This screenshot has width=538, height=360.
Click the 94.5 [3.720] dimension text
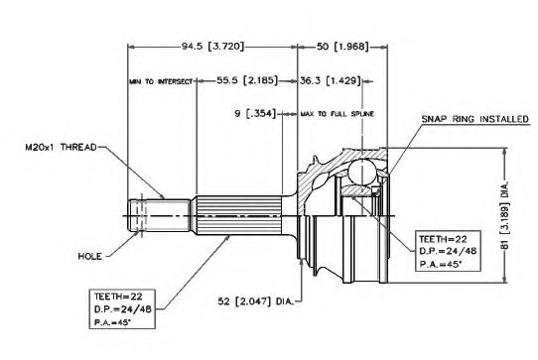click(212, 47)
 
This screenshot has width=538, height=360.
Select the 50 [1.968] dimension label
click(342, 47)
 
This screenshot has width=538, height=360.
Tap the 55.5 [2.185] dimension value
click(247, 80)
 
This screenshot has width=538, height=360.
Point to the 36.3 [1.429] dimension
click(331, 80)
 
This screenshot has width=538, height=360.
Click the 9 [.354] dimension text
click(255, 113)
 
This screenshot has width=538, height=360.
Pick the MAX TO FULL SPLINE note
click(337, 113)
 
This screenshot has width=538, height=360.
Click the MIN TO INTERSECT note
click(161, 81)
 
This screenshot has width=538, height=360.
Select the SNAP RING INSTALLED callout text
click(474, 119)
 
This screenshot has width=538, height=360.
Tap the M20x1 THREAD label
click(62, 148)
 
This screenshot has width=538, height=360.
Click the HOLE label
click(90, 256)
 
